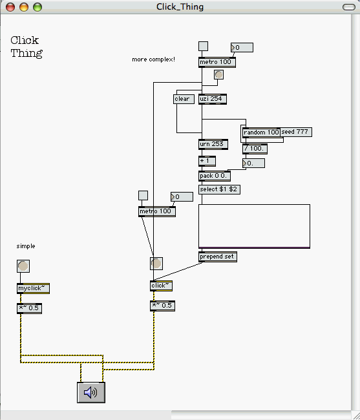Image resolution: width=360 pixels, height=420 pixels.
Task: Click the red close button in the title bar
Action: click(10, 7)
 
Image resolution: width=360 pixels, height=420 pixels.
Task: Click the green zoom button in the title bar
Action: click(37, 7)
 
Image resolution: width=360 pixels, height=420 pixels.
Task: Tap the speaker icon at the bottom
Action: click(91, 392)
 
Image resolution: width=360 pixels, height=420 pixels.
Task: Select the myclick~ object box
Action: click(33, 288)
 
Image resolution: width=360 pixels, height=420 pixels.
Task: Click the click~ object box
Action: click(161, 286)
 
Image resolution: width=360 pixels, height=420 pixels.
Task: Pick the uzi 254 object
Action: click(213, 99)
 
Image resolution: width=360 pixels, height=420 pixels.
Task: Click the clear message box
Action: click(184, 99)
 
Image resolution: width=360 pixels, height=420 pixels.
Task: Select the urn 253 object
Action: click(213, 144)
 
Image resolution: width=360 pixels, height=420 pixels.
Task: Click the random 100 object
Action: click(261, 132)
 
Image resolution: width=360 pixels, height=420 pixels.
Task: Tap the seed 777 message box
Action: click(296, 132)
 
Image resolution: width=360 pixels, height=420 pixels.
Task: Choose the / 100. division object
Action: click(255, 149)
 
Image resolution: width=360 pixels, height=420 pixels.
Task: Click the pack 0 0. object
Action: click(215, 176)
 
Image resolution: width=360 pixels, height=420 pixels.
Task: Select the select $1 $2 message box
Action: click(219, 189)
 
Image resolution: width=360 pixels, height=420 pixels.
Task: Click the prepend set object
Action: click(218, 257)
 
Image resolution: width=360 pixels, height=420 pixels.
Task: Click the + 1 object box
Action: click(207, 162)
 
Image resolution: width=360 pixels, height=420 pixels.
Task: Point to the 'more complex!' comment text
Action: click(153, 59)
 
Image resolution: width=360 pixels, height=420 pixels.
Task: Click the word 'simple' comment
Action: click(26, 246)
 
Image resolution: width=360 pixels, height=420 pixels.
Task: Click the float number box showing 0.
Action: click(253, 163)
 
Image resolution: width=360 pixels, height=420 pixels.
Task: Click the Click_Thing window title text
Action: click(180, 6)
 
